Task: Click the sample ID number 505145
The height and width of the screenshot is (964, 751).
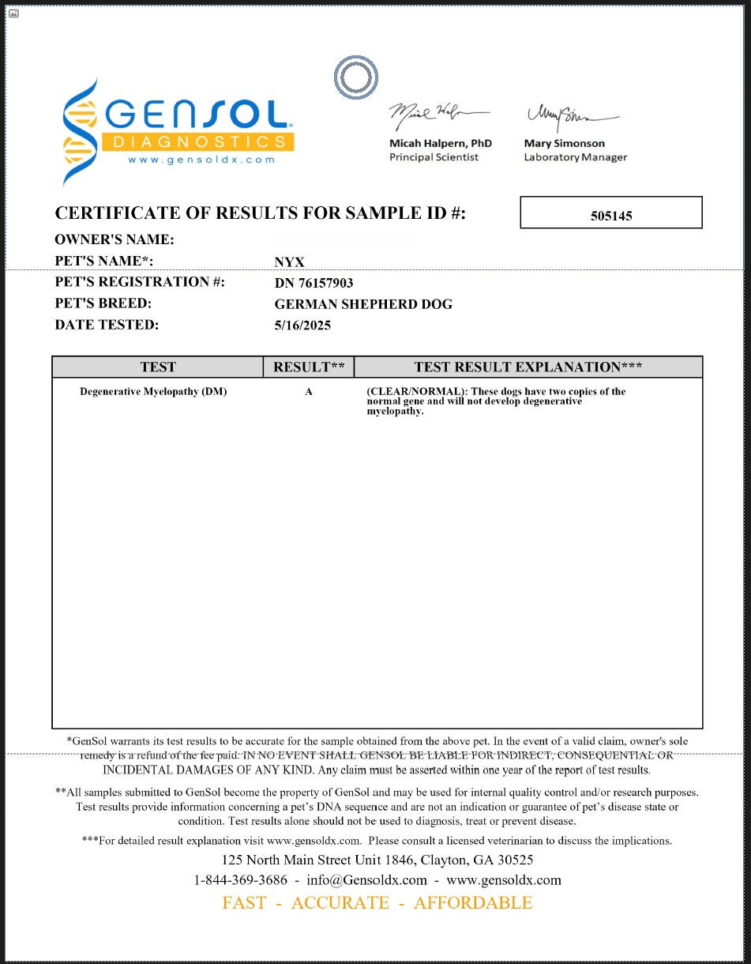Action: coord(610,215)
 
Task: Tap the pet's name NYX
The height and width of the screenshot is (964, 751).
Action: coord(289,262)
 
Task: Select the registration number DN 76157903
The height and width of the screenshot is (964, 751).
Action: coord(314,283)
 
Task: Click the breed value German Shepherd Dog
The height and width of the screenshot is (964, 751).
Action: coord(363,304)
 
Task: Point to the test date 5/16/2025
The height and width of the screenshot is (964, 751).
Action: coord(302,325)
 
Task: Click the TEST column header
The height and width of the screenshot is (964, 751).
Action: coord(158,367)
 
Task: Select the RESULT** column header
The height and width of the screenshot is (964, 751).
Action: coord(309,367)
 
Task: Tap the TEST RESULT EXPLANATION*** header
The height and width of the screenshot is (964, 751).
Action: coord(528,367)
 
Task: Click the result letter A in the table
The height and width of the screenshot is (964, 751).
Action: coord(309,392)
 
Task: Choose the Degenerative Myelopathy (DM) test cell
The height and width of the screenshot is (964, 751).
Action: coord(153,392)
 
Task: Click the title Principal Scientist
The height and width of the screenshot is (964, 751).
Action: coord(434,157)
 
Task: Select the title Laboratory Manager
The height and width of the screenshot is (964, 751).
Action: coord(575,157)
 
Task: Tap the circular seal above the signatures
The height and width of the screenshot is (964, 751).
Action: coord(355,77)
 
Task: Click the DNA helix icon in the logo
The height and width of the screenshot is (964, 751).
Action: coord(80,131)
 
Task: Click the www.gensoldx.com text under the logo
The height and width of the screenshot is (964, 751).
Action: coord(201,160)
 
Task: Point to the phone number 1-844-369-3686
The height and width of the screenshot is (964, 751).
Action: coord(240,879)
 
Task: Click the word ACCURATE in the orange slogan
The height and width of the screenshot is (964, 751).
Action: coord(340,902)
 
